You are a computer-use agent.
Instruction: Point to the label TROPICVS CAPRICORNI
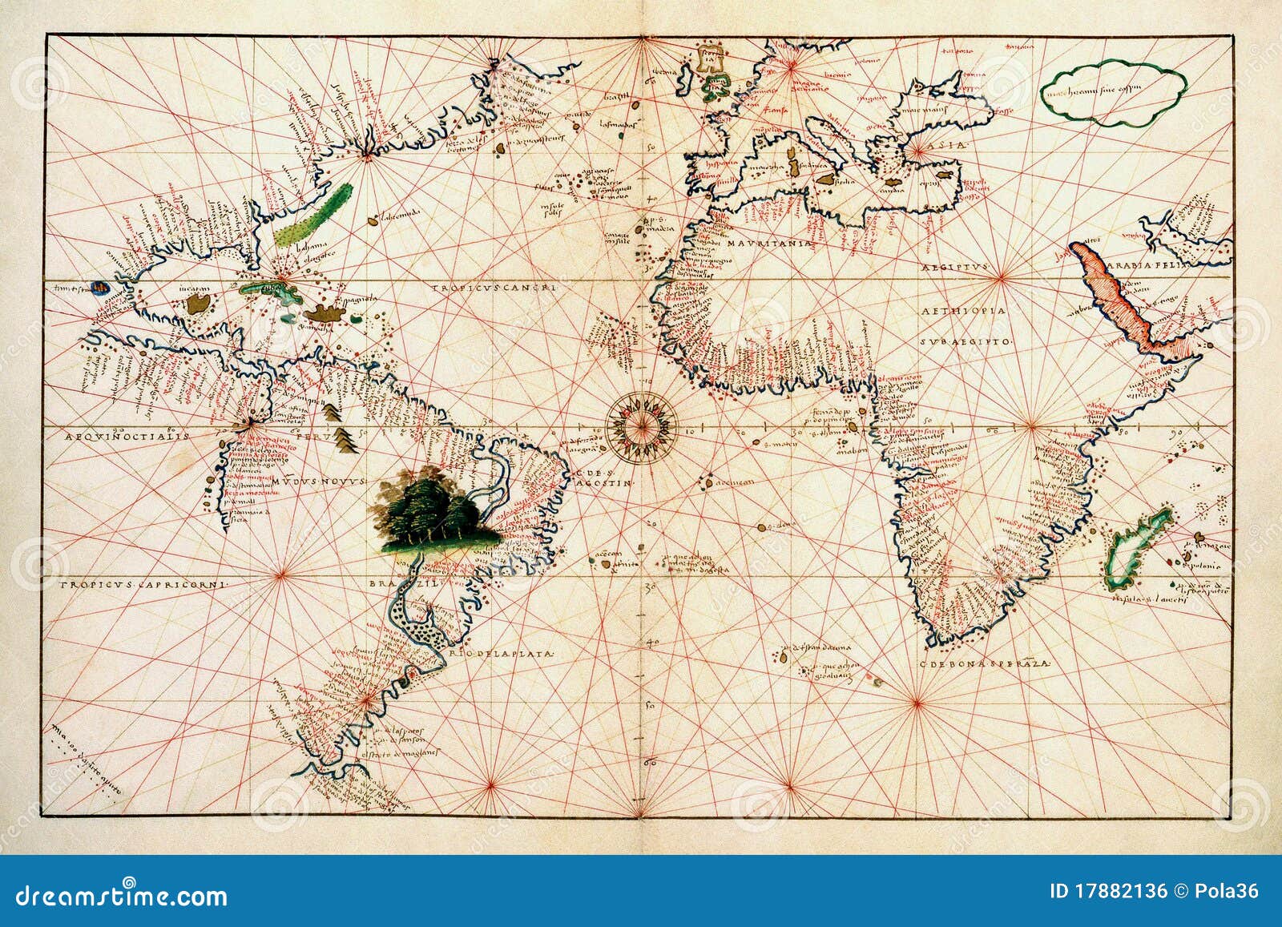[x=144, y=584]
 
